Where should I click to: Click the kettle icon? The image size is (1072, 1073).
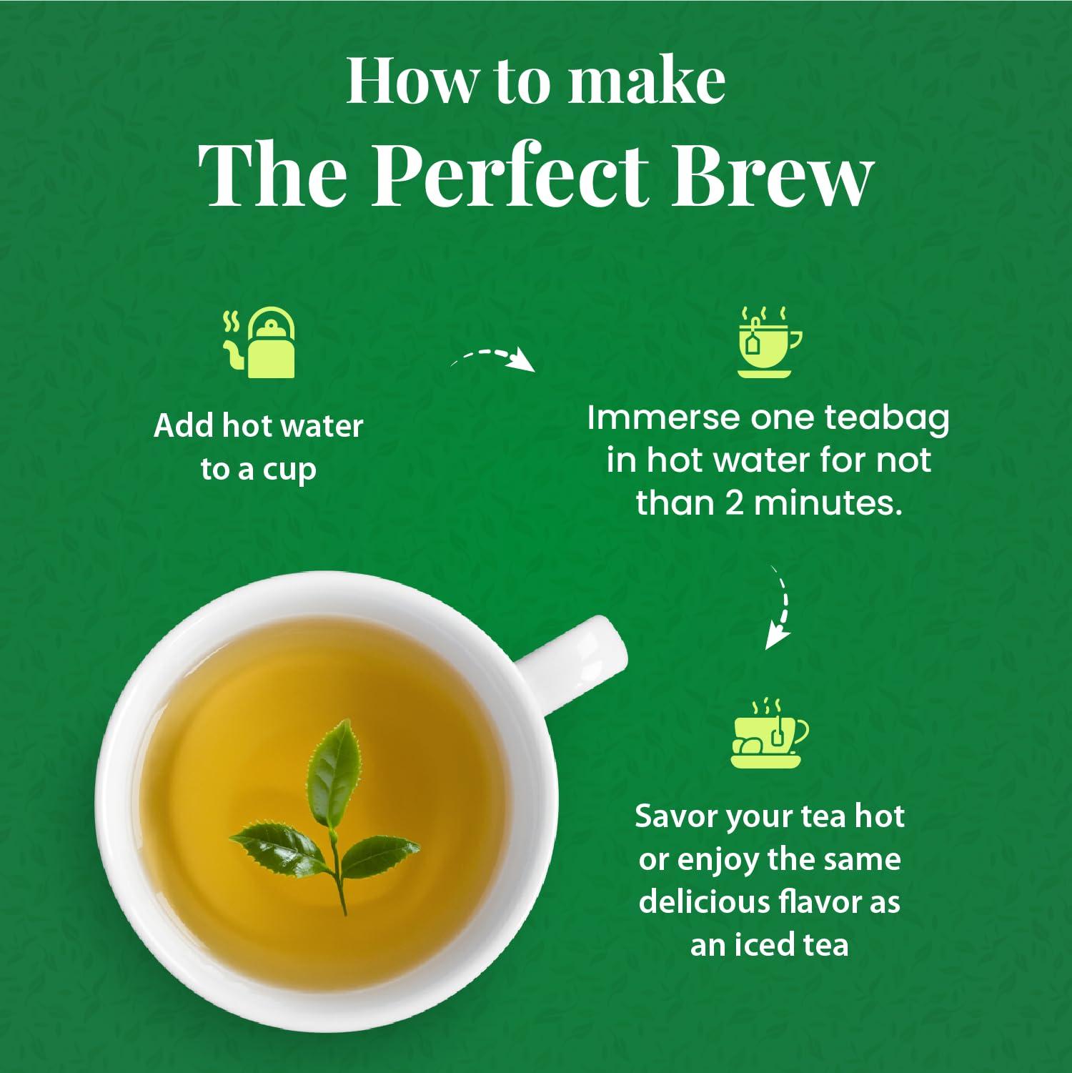click(x=262, y=344)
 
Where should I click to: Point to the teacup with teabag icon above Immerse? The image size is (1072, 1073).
click(x=768, y=342)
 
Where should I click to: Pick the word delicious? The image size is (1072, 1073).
click(x=705, y=902)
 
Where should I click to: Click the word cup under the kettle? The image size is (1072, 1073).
click(x=289, y=470)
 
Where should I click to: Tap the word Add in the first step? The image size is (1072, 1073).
click(x=183, y=426)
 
